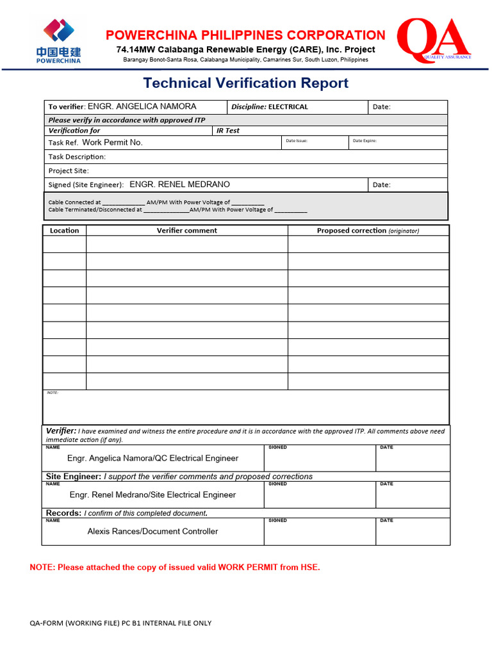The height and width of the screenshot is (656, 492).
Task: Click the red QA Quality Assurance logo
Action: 434,40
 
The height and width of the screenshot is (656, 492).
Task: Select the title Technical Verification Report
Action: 245,83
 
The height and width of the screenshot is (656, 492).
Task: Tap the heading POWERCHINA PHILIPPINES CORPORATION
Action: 245,35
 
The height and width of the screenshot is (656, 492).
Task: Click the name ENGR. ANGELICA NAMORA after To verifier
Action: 142,107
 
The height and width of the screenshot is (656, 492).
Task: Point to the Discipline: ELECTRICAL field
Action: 269,107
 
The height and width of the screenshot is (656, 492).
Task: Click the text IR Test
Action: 227,131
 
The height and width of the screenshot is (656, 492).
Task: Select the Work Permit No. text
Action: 112,143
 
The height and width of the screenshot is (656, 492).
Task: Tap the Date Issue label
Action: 296,141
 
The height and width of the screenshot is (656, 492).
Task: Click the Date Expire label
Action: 365,141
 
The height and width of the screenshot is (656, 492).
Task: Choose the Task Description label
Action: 77,157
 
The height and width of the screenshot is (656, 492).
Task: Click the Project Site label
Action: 69,171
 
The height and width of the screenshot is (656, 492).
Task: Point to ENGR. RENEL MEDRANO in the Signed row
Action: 179,184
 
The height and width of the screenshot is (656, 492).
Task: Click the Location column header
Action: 64,231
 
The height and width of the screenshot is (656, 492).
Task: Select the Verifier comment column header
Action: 186,231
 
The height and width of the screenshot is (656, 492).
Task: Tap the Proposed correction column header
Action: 368,231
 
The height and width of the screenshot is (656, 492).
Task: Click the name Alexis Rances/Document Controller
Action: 152,531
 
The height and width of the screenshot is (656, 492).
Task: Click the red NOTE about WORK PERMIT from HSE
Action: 174,568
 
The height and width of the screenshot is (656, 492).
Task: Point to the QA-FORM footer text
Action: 120,623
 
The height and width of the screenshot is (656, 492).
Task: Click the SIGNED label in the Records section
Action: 277,521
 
